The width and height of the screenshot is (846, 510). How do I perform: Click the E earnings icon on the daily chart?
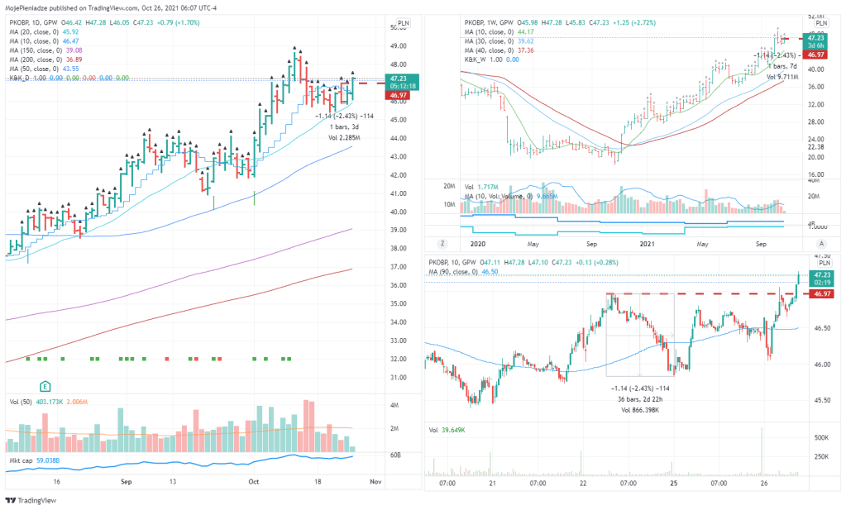click(46, 386)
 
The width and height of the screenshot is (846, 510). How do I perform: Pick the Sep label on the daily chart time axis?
click(126, 480)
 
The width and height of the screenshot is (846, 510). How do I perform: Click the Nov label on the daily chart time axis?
click(375, 480)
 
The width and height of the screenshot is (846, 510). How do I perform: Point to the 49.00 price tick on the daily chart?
click(398, 46)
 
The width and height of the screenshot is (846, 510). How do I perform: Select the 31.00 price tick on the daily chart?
click(398, 378)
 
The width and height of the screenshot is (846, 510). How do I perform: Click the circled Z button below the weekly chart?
click(443, 244)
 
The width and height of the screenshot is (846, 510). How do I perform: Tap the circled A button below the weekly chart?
click(821, 244)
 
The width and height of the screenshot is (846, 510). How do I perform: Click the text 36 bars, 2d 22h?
click(639, 399)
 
